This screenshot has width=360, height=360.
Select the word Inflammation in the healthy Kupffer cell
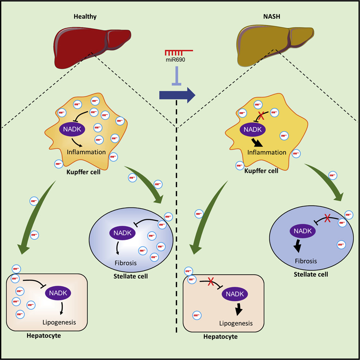86,152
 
